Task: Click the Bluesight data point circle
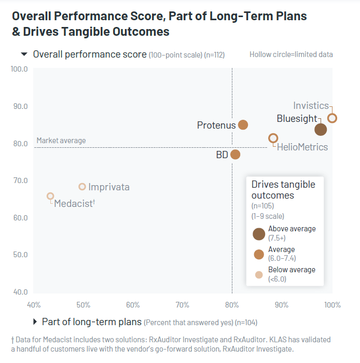(x=321, y=130)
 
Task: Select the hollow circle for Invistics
(x=333, y=118)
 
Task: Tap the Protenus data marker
(x=243, y=125)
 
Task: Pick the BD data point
(x=235, y=154)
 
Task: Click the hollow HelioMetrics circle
(x=273, y=138)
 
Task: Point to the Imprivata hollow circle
(x=82, y=187)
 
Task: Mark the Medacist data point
(x=50, y=196)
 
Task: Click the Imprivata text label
(x=109, y=187)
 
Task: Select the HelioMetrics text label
(x=302, y=147)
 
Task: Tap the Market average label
(x=61, y=141)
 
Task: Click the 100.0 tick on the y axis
(x=19, y=68)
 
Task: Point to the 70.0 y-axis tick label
(x=19, y=180)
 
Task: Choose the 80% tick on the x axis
(x=232, y=304)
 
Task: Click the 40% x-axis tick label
(x=34, y=304)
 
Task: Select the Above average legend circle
(x=259, y=233)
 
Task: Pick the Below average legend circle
(x=259, y=275)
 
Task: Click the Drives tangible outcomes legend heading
(x=283, y=190)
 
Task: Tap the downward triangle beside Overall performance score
(x=24, y=54)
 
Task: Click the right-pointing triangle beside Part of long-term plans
(x=35, y=322)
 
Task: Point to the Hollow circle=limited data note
(x=291, y=54)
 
